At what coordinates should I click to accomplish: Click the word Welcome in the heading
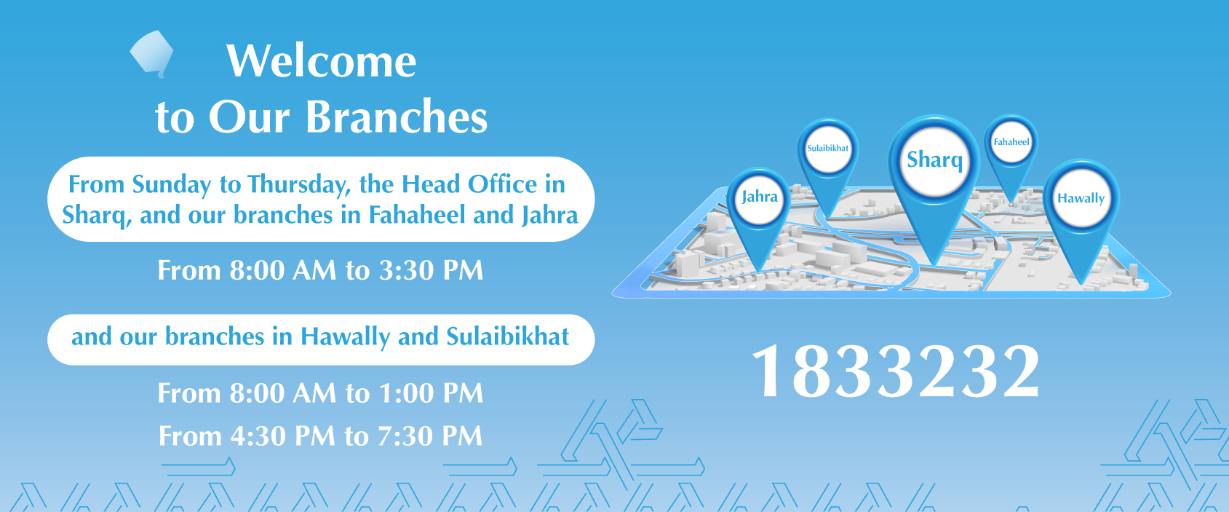322,61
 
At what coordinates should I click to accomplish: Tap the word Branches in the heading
396,117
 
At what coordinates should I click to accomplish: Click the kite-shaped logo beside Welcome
152,54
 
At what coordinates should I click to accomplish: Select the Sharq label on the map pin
934,160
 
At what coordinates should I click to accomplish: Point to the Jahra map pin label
760,197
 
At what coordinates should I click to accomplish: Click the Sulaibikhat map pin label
827,148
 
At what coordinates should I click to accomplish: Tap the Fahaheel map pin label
1011,142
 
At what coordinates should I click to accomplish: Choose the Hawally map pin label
1081,198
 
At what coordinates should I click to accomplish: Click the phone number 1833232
896,371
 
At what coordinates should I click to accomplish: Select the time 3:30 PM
431,270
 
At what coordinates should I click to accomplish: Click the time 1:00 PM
431,393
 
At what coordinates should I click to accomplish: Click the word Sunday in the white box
171,185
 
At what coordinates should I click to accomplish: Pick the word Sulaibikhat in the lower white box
507,336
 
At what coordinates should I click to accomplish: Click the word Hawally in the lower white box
345,337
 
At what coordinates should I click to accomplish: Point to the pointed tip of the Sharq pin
934,265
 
